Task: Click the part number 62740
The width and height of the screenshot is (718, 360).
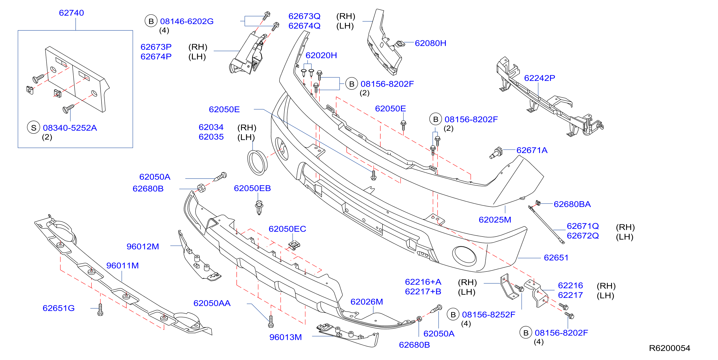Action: pos(71,13)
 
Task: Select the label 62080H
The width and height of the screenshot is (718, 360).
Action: pos(430,43)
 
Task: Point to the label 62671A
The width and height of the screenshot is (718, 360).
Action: pos(532,150)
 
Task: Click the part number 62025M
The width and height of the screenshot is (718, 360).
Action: pos(495,220)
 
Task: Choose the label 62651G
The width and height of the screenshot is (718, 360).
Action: pos(58,308)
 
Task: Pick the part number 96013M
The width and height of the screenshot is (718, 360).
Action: pos(286,337)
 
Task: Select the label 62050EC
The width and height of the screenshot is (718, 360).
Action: pos(287,229)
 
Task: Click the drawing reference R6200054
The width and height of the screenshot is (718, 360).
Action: pos(669,348)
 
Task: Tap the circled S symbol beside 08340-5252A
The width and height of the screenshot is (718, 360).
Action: pos(33,128)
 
